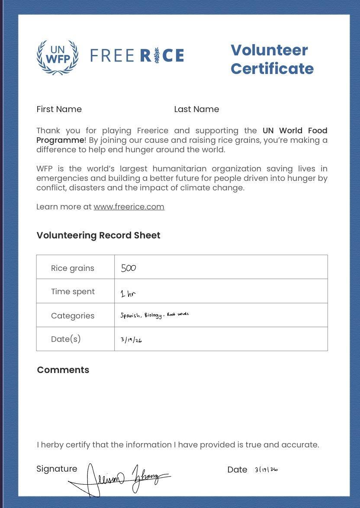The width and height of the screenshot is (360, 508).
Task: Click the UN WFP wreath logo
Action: (58, 57)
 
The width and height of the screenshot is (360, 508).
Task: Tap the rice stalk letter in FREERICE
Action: (157, 56)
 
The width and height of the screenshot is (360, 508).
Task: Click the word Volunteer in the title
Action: (269, 50)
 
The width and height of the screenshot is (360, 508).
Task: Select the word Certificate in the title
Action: (272, 68)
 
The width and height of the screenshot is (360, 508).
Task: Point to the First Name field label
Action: (59, 109)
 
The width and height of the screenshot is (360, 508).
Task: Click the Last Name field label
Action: (196, 109)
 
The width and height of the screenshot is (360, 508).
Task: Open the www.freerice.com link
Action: (129, 206)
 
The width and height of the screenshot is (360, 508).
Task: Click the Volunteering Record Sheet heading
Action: (98, 235)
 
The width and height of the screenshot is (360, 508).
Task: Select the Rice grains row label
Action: (72, 268)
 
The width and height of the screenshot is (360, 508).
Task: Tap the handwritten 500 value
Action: (129, 268)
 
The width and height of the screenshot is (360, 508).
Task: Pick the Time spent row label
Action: (73, 291)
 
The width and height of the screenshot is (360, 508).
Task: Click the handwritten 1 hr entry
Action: (128, 294)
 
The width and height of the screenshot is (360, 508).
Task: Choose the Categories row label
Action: (72, 315)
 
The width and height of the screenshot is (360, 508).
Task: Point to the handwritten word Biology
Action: (153, 315)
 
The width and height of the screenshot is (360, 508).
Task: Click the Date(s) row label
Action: (66, 339)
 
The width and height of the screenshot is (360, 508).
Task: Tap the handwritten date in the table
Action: (131, 340)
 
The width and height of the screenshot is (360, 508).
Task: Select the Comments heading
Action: (63, 370)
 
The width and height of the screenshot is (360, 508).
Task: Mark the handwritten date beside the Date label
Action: (266, 469)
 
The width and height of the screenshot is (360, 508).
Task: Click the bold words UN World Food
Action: (295, 130)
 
